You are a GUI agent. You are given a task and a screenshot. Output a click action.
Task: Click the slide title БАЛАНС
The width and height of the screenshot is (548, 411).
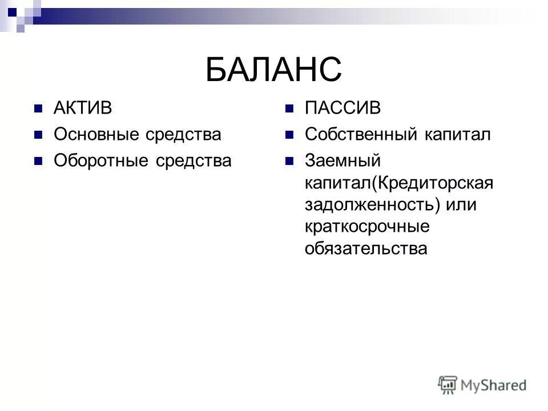[273, 70]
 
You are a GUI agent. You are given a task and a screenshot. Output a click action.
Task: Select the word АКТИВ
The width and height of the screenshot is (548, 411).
[82, 108]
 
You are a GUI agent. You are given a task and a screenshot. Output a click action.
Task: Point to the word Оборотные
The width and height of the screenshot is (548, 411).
[102, 161]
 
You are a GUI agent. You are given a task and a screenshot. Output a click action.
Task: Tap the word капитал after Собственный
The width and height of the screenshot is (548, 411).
[457, 135]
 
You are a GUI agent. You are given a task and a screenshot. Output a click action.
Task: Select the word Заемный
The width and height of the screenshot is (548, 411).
[342, 161]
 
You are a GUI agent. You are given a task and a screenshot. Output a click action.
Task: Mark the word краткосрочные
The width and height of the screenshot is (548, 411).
[366, 227]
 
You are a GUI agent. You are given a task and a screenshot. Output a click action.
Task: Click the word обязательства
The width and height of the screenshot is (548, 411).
[365, 249]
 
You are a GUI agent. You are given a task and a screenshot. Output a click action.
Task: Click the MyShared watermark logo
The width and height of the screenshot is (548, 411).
[482, 385]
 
